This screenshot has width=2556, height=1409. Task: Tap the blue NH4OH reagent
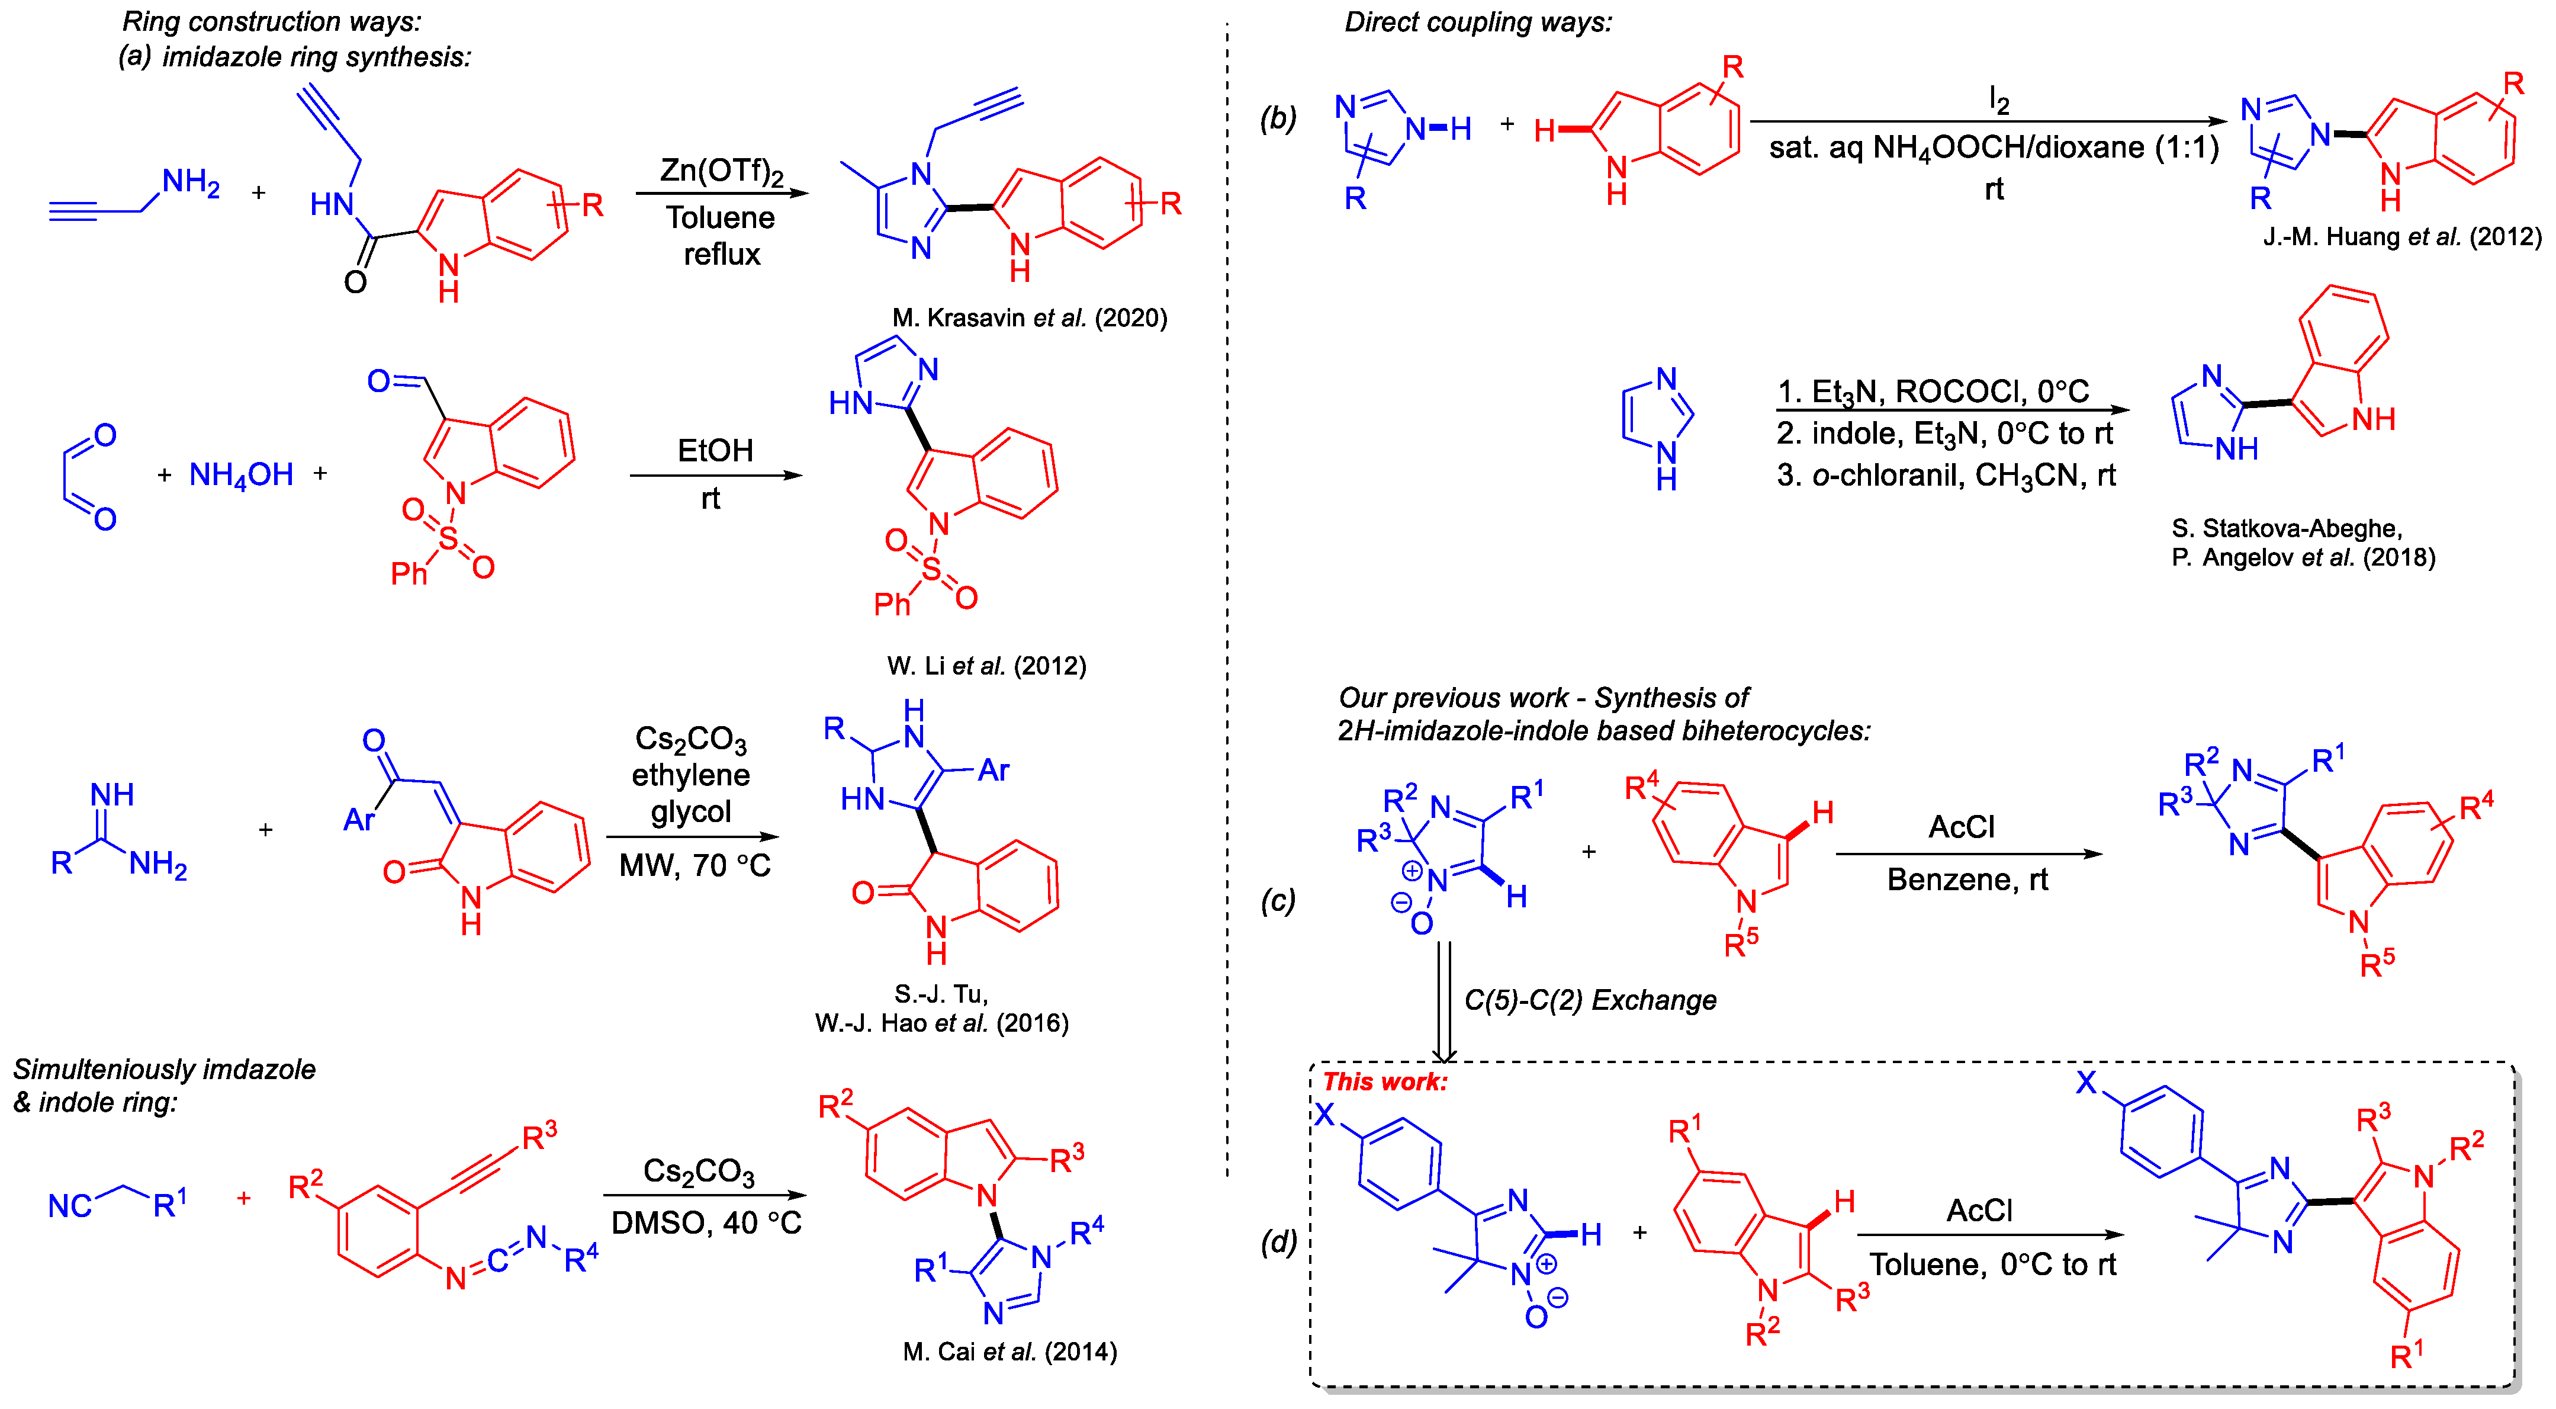coord(241,475)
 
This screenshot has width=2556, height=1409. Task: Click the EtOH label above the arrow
coord(715,451)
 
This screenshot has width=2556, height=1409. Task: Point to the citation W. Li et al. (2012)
coord(986,666)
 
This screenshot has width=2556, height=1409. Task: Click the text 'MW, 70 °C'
coord(695,866)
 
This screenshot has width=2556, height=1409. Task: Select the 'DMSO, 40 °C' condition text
coord(706,1224)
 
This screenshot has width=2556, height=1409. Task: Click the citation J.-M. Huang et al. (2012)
coord(2401,237)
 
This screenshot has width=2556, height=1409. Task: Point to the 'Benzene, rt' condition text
coord(1967,880)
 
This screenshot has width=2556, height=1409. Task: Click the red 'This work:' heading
coord(1384,1081)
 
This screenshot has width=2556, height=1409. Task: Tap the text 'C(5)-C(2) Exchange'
coord(1590,1000)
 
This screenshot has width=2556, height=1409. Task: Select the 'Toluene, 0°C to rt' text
coord(1992,1265)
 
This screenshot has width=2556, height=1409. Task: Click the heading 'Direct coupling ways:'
coord(1477,22)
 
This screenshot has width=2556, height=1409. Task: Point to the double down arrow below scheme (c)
coord(1445,1002)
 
